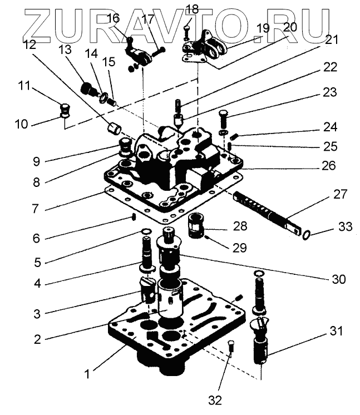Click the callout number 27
[x=340, y=195]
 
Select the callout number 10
[x=21, y=124]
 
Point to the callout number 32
[x=215, y=400]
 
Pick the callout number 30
[x=339, y=279]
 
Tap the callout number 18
[x=191, y=9]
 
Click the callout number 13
[x=66, y=49]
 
